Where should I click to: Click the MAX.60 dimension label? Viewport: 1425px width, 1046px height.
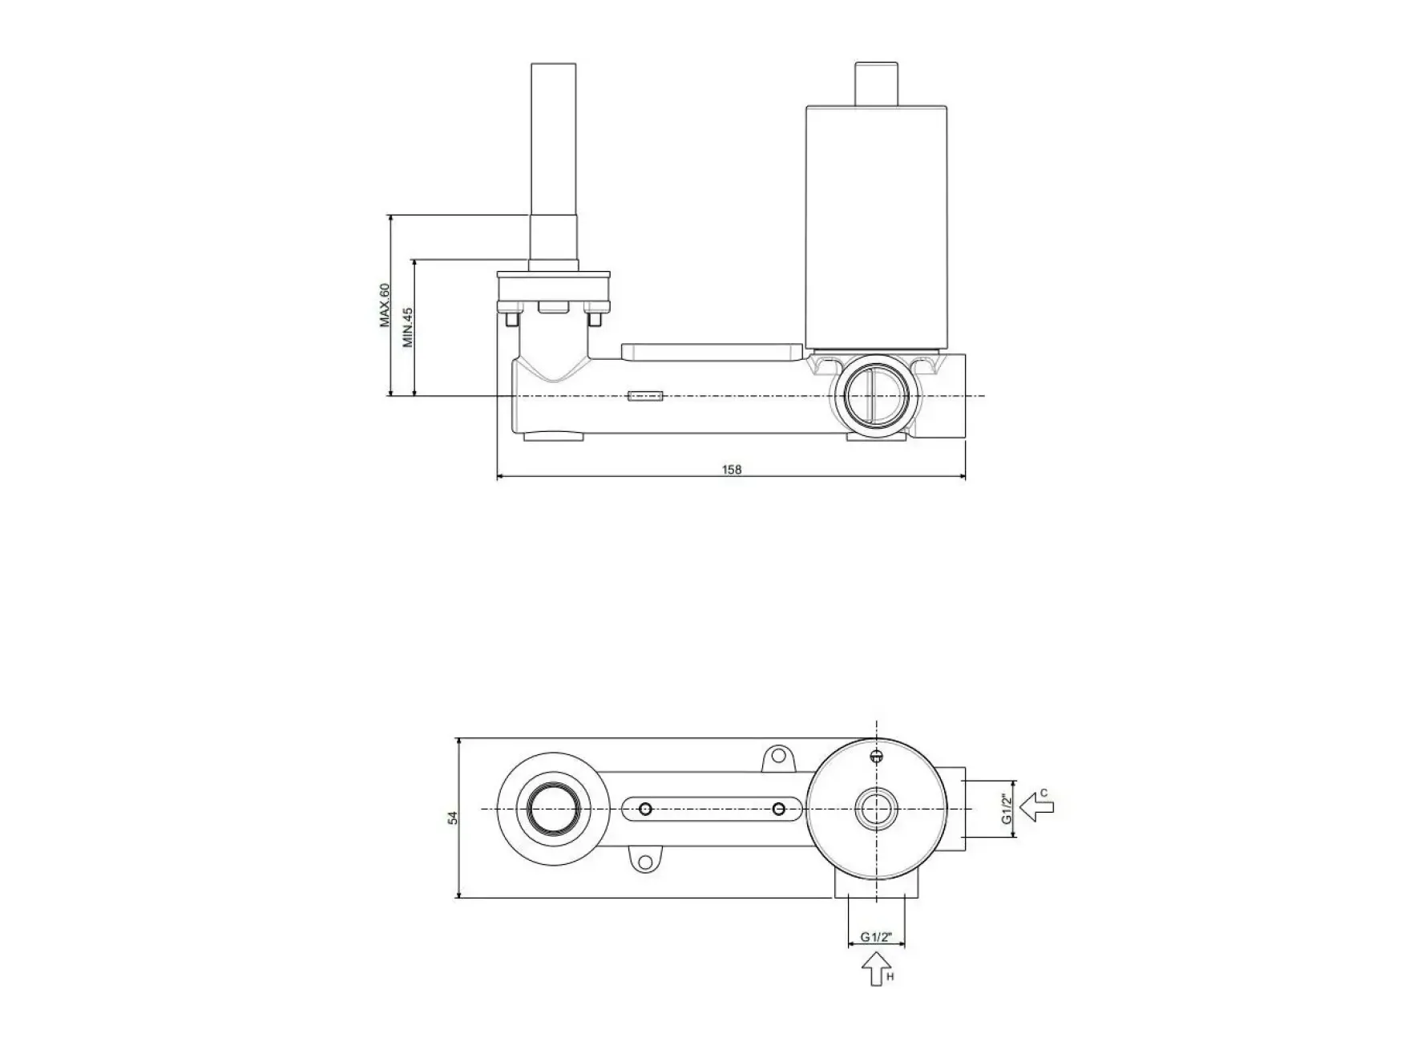coord(385,305)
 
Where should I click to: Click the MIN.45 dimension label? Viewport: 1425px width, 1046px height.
coord(408,327)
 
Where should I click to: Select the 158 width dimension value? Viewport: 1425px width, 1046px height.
coord(732,470)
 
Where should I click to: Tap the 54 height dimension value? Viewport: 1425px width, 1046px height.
coord(453,818)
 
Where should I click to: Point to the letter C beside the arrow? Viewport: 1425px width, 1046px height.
coord(1044,794)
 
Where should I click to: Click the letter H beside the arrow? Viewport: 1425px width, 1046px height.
coord(890,977)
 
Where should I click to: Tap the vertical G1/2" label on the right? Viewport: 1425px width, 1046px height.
coord(1008,810)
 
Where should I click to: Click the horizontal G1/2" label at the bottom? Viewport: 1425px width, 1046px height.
coord(877,937)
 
